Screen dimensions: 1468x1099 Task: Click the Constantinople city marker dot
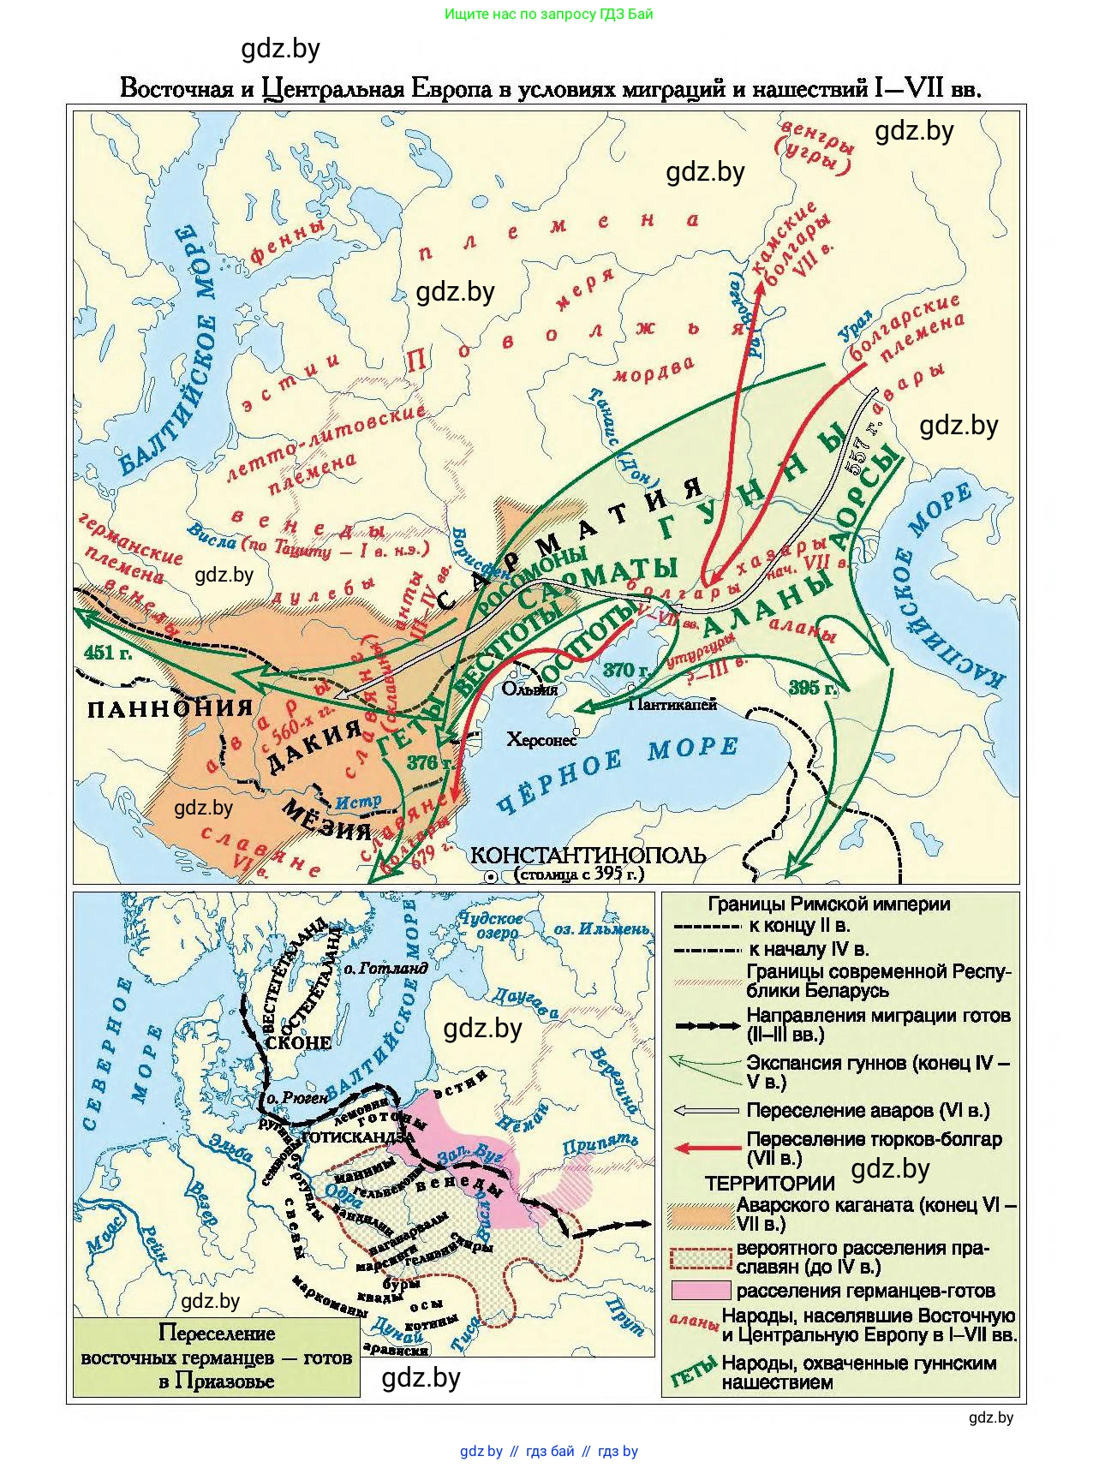(x=491, y=876)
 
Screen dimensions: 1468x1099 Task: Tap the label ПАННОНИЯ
(x=170, y=708)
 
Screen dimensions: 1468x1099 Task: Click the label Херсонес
(x=541, y=740)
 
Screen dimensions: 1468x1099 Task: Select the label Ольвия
(x=529, y=689)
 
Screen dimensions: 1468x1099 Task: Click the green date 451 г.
(x=109, y=653)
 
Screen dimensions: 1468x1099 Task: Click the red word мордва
(x=653, y=370)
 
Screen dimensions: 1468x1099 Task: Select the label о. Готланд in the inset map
(x=385, y=968)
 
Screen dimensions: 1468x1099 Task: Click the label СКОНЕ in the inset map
(x=298, y=1042)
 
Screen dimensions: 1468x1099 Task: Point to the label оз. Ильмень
(x=600, y=929)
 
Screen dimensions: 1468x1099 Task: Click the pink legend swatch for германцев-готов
(x=701, y=1291)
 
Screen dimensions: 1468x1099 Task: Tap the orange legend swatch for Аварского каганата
(x=701, y=1214)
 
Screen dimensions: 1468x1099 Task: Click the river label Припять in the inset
(x=600, y=1144)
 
